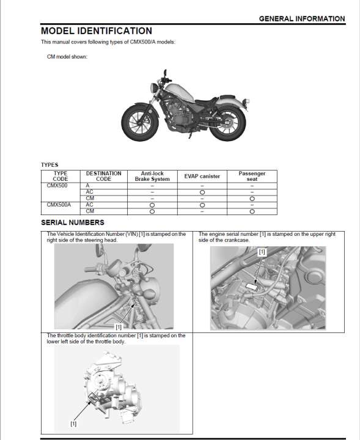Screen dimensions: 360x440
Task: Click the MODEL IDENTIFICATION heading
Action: click(x=97, y=31)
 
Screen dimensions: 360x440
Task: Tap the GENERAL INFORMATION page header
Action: click(x=302, y=19)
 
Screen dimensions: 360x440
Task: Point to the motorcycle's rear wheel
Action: click(x=227, y=122)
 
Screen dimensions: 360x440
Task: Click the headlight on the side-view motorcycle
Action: click(x=154, y=87)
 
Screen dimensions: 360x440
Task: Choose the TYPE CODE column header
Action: click(x=61, y=176)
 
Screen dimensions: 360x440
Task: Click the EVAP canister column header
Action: click(x=202, y=176)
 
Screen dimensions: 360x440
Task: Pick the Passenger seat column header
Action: click(x=252, y=176)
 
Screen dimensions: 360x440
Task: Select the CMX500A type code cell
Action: click(x=59, y=205)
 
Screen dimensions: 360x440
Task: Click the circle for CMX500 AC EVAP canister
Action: click(x=202, y=193)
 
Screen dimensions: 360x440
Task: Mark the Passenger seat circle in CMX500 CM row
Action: click(x=252, y=199)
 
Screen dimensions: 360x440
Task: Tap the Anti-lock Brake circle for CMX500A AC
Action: click(x=152, y=205)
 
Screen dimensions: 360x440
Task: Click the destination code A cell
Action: click(x=87, y=186)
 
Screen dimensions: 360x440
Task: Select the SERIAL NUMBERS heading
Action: click(x=73, y=222)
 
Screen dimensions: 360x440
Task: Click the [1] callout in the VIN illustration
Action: click(x=119, y=327)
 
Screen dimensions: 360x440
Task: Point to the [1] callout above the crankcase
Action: click(x=262, y=252)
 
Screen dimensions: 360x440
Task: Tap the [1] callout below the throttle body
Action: click(x=73, y=424)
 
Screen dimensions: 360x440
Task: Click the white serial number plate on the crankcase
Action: click(x=252, y=287)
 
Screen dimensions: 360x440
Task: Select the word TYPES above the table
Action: click(x=50, y=165)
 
